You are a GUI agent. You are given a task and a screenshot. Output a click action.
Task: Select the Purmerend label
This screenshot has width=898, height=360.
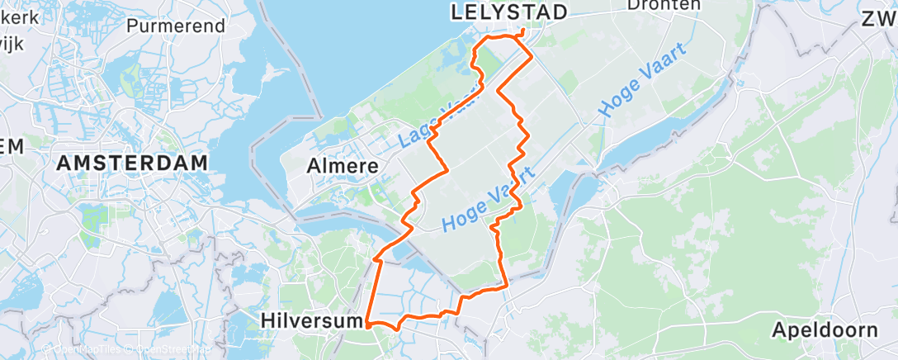(x=176, y=26)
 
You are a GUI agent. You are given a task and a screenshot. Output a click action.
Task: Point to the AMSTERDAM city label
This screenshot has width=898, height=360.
(x=132, y=163)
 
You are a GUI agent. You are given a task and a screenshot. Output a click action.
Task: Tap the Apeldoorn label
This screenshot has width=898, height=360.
(x=825, y=330)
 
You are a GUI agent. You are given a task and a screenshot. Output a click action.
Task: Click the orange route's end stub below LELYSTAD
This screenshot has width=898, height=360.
(x=523, y=33)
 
